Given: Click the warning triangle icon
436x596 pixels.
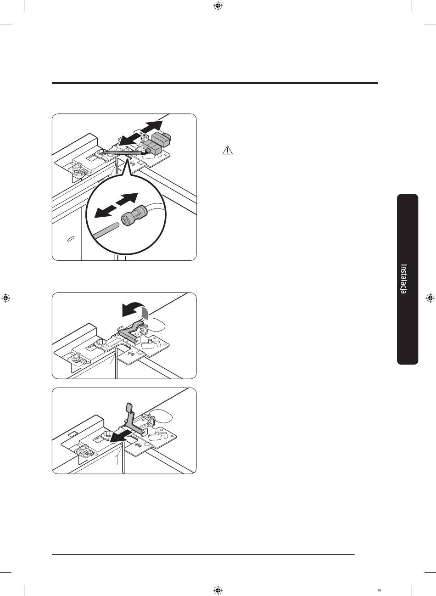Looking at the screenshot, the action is [x=228, y=150].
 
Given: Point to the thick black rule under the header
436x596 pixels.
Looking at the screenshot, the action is [x=215, y=83].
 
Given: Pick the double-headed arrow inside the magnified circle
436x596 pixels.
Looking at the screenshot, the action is [x=116, y=205].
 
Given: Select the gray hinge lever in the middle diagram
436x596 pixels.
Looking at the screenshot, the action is [x=130, y=331].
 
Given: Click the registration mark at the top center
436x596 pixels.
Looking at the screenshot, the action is [x=218, y=6].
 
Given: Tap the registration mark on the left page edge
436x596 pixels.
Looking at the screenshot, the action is [x=6, y=298].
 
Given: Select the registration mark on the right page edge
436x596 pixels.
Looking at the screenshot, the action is [x=430, y=298].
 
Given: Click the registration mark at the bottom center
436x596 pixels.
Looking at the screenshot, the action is [x=218, y=590].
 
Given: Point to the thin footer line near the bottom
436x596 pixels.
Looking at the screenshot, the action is [x=203, y=554].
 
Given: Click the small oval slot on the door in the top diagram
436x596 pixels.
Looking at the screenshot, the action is [x=71, y=239].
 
